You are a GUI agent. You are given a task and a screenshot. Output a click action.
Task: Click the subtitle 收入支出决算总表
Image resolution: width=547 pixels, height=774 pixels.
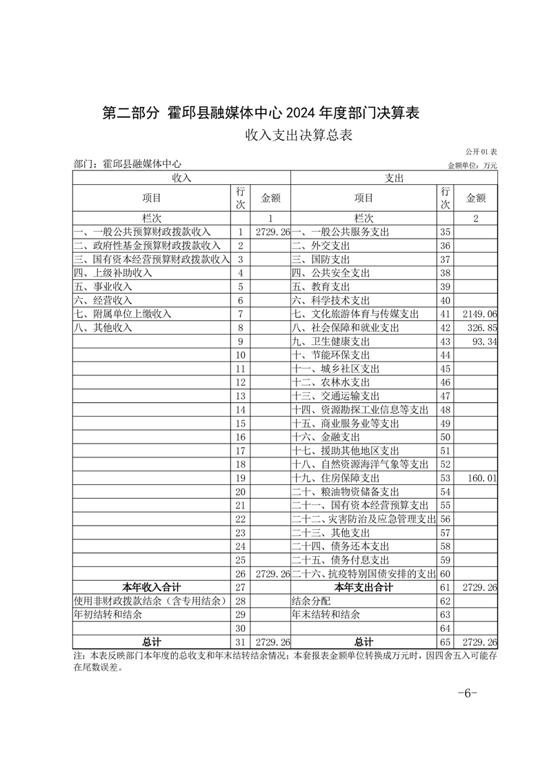[299, 135]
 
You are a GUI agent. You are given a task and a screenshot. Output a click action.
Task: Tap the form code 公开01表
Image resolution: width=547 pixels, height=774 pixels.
[481, 151]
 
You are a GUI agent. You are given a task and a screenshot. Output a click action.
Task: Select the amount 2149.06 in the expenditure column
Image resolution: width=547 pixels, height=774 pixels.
[477, 314]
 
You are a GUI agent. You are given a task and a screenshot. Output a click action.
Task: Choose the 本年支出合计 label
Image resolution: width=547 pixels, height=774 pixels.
[364, 587]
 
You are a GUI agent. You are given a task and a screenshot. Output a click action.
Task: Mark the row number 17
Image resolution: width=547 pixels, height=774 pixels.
[240, 450]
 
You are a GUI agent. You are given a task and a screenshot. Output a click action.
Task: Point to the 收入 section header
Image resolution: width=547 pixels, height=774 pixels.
[181, 177]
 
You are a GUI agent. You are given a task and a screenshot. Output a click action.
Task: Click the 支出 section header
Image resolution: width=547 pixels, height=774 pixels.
[394, 177]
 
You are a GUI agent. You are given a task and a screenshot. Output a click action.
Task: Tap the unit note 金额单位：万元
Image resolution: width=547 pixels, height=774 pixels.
[473, 166]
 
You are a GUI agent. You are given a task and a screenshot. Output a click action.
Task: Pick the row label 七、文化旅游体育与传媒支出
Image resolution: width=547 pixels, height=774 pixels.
[355, 314]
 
